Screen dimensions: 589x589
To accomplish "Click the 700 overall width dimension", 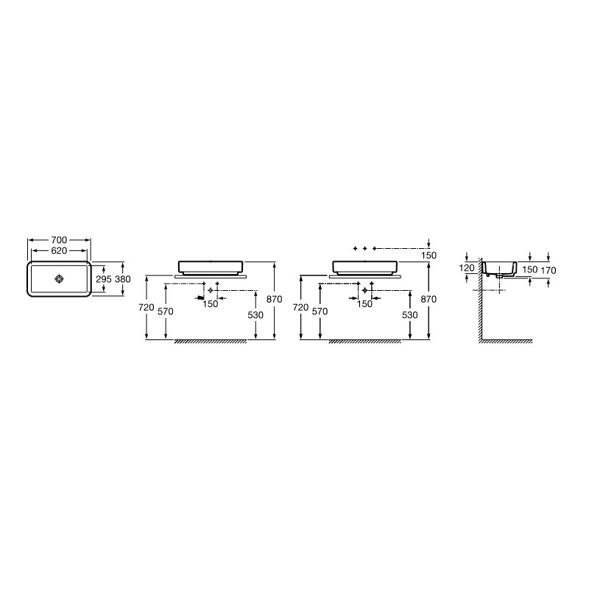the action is coord(59,240).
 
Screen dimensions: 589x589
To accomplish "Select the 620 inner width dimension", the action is coord(59,250).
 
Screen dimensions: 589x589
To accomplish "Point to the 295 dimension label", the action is coord(104,279).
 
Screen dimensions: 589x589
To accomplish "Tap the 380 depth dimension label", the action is coord(123,279).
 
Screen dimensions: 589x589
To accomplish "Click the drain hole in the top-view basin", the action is coord(60,279).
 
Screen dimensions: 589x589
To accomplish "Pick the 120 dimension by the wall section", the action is coord(467,268).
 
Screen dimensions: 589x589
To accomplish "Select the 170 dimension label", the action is coord(549,270).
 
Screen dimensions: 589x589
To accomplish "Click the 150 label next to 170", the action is coord(529,269).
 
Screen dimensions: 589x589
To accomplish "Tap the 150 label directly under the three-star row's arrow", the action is coord(429,255).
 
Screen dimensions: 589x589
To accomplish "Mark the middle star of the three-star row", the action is coord(364,249).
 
